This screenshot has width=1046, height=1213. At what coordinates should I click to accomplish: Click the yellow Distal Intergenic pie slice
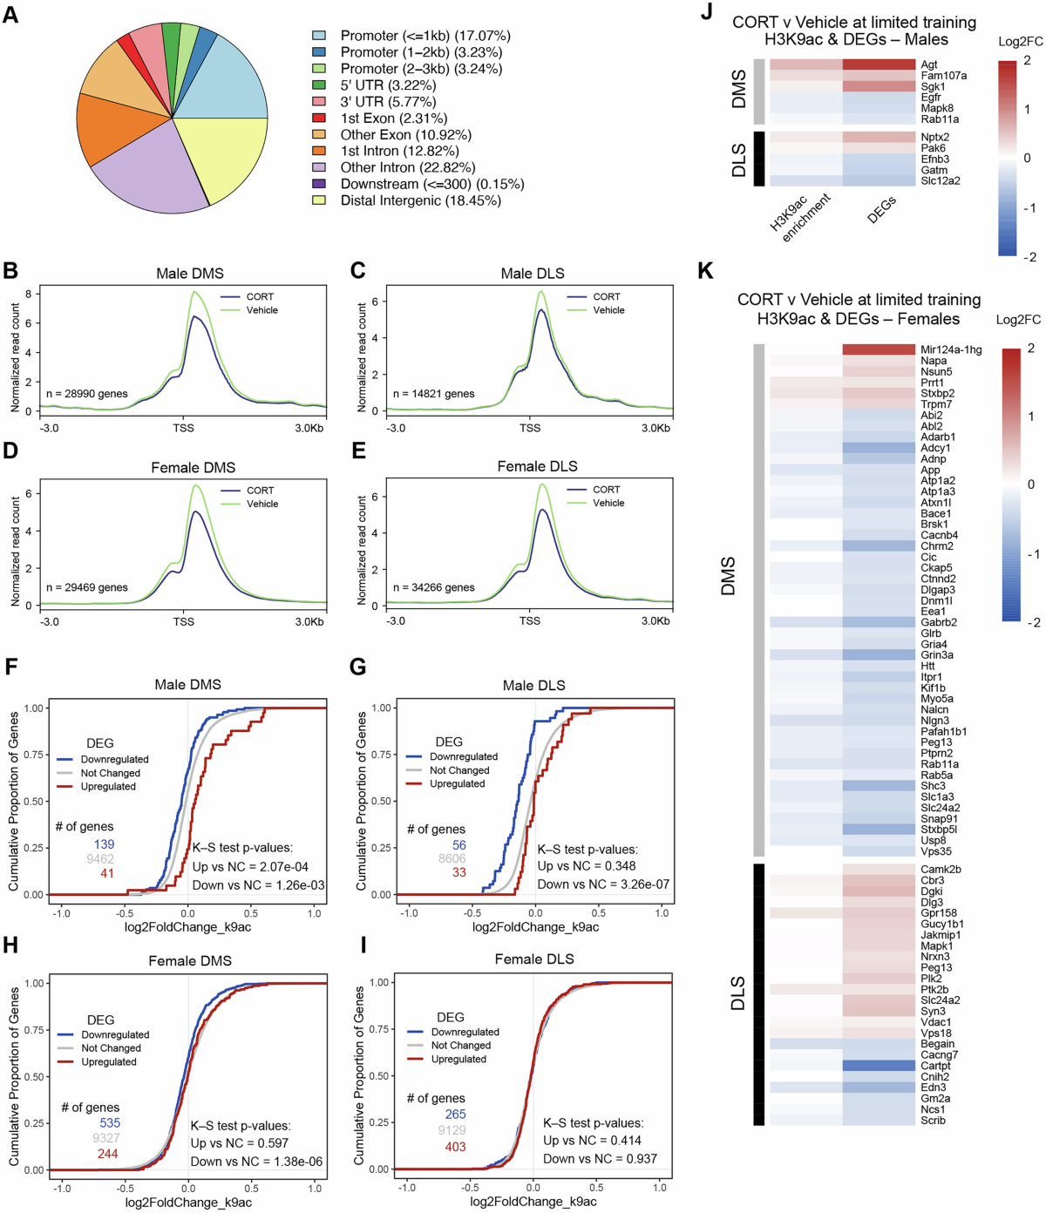click(222, 157)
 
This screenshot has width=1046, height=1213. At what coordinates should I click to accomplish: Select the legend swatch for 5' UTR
click(320, 85)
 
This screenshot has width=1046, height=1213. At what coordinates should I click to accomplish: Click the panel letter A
click(10, 14)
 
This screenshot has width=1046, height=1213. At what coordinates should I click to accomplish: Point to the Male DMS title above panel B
click(190, 274)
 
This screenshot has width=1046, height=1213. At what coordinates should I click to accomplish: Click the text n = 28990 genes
click(87, 394)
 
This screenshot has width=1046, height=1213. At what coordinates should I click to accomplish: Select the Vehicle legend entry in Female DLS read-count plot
click(608, 503)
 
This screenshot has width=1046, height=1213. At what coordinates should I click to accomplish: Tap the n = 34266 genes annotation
click(434, 587)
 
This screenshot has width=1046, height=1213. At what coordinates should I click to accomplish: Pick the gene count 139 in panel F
click(105, 844)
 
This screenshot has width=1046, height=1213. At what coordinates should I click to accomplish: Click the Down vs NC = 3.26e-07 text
click(603, 884)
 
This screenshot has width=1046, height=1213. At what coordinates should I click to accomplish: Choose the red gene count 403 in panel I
click(455, 1147)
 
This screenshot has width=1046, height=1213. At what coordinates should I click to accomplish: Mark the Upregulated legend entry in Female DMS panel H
click(109, 1062)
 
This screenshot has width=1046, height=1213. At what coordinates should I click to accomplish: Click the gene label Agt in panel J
click(929, 64)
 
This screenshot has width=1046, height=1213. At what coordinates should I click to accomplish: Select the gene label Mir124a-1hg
click(951, 350)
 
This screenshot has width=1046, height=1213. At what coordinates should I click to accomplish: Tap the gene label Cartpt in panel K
click(935, 1066)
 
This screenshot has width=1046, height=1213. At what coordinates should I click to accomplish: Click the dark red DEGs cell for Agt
click(879, 64)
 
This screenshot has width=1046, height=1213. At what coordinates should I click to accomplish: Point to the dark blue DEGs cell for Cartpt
click(879, 1066)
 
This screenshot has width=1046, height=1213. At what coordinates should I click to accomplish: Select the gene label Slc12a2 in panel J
click(941, 181)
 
